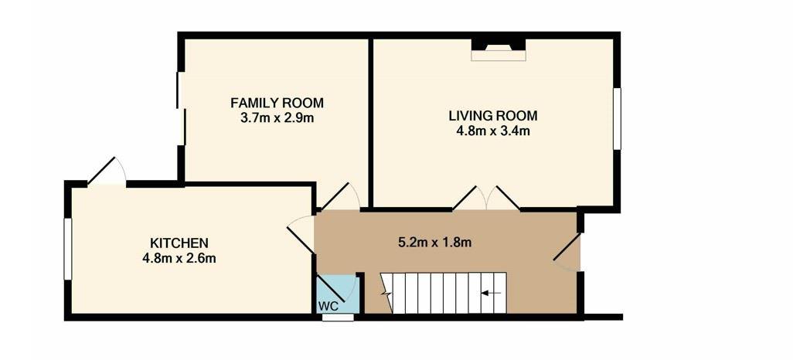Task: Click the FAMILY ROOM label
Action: coord(277,104)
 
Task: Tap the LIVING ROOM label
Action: coord(493,116)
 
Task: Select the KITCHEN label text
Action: coord(179,243)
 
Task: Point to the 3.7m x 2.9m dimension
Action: coord(277,118)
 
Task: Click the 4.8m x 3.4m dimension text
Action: coord(493,131)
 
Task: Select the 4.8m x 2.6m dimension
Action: coord(179,258)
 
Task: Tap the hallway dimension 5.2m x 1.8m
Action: coord(434,243)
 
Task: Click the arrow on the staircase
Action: coord(491,293)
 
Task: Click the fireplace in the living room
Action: coord(499,50)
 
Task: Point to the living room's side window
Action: coord(617,119)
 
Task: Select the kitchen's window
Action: coord(67,248)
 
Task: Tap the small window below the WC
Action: coord(338,318)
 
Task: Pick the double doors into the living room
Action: coord(486,199)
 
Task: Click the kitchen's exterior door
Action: coord(106,171)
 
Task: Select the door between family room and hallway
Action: coord(340,196)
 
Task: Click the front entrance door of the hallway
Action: coord(567,248)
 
